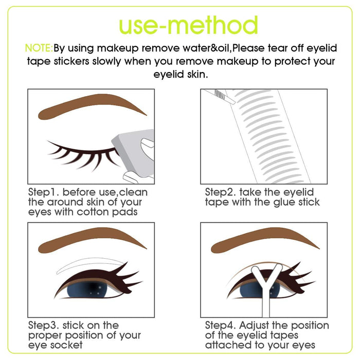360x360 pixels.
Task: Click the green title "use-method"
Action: pos(188,25)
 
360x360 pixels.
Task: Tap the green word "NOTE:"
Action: pos(39,48)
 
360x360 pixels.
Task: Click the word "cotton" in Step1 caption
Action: pos(94,212)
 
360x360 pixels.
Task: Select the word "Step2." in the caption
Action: pos(220,192)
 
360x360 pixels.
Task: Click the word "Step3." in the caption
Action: pos(44,326)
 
